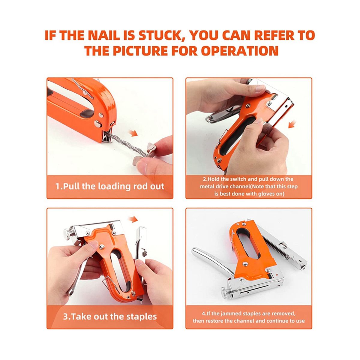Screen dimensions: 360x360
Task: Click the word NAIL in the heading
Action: [x=104, y=35]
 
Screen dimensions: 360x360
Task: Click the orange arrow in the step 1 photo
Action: [x=133, y=133]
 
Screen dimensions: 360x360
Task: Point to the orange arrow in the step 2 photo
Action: [x=292, y=124]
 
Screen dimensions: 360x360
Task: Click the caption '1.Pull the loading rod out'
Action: [x=110, y=186]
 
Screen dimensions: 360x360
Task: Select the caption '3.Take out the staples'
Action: [x=110, y=316]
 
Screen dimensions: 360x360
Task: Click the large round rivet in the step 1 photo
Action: [x=98, y=124]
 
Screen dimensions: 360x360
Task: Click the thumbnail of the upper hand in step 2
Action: [x=260, y=89]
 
